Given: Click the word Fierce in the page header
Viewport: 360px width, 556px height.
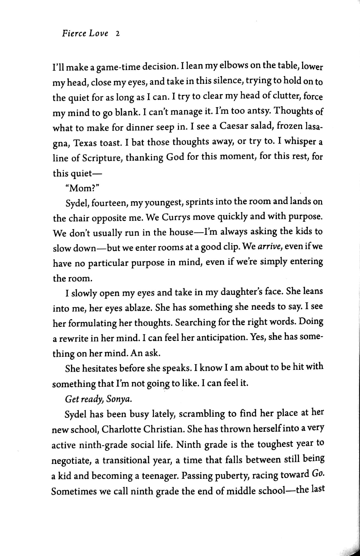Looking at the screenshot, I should click(74, 33).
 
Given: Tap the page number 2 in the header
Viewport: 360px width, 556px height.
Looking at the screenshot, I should click(117, 34).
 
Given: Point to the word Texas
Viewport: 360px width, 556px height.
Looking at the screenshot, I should click(85, 143).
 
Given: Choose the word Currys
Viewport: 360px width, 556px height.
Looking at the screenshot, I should click(178, 218).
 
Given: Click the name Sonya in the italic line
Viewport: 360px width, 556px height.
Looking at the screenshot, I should click(119, 399).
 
